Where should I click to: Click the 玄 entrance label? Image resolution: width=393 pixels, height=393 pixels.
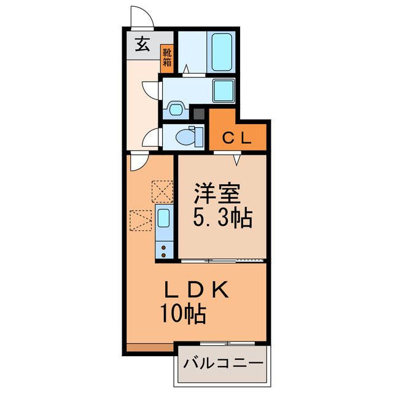[x=142, y=45]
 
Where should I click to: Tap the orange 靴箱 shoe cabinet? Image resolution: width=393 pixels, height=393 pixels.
[x=167, y=58]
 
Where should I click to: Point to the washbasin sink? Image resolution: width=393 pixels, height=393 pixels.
[x=176, y=110]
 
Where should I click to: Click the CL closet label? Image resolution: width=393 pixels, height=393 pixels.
[x=236, y=138]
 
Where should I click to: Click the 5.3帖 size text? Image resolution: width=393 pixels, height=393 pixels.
[x=222, y=218]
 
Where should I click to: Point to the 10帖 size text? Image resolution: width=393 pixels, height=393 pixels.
[x=183, y=316]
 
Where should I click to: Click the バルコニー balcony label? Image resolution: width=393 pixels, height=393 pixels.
[x=223, y=363]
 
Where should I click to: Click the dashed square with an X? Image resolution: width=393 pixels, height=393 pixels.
[x=163, y=190]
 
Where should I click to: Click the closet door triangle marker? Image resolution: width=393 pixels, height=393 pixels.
[x=236, y=160]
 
